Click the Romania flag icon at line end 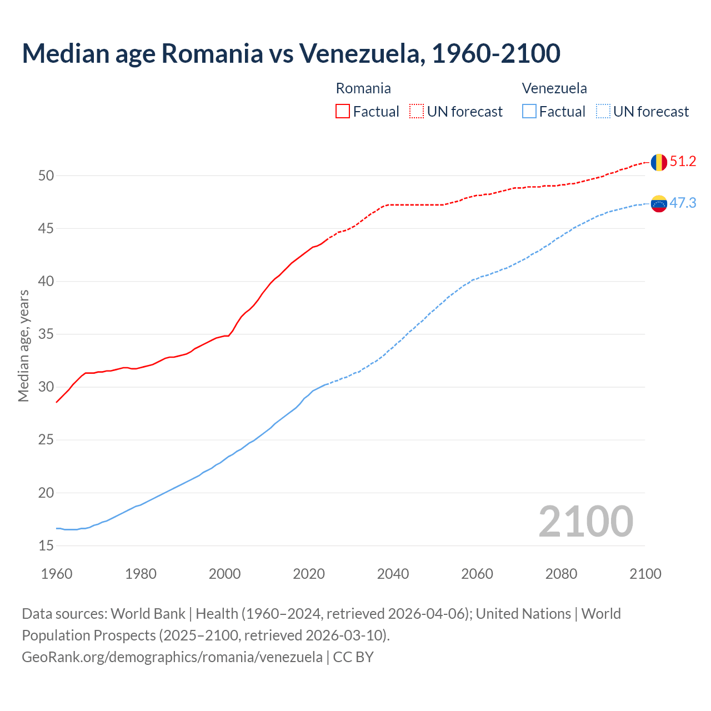coord(659,162)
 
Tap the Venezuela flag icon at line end coord(659,204)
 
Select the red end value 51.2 coord(683,162)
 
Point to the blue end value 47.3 coord(683,203)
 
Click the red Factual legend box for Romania coord(343,112)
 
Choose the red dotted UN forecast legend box coord(417,112)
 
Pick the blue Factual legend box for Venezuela coord(529,112)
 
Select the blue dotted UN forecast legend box coord(603,112)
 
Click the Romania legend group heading coord(363,88)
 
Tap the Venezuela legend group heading coord(554,88)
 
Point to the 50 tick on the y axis coord(46,176)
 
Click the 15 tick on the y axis coord(46,546)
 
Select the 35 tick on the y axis coord(46,334)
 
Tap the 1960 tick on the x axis coord(57,574)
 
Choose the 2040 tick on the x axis coord(393,574)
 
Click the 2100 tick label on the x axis coord(645,574)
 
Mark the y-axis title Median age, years coord(23,346)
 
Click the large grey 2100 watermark coord(585,521)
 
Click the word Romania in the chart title coord(212,53)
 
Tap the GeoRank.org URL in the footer coord(172,657)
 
